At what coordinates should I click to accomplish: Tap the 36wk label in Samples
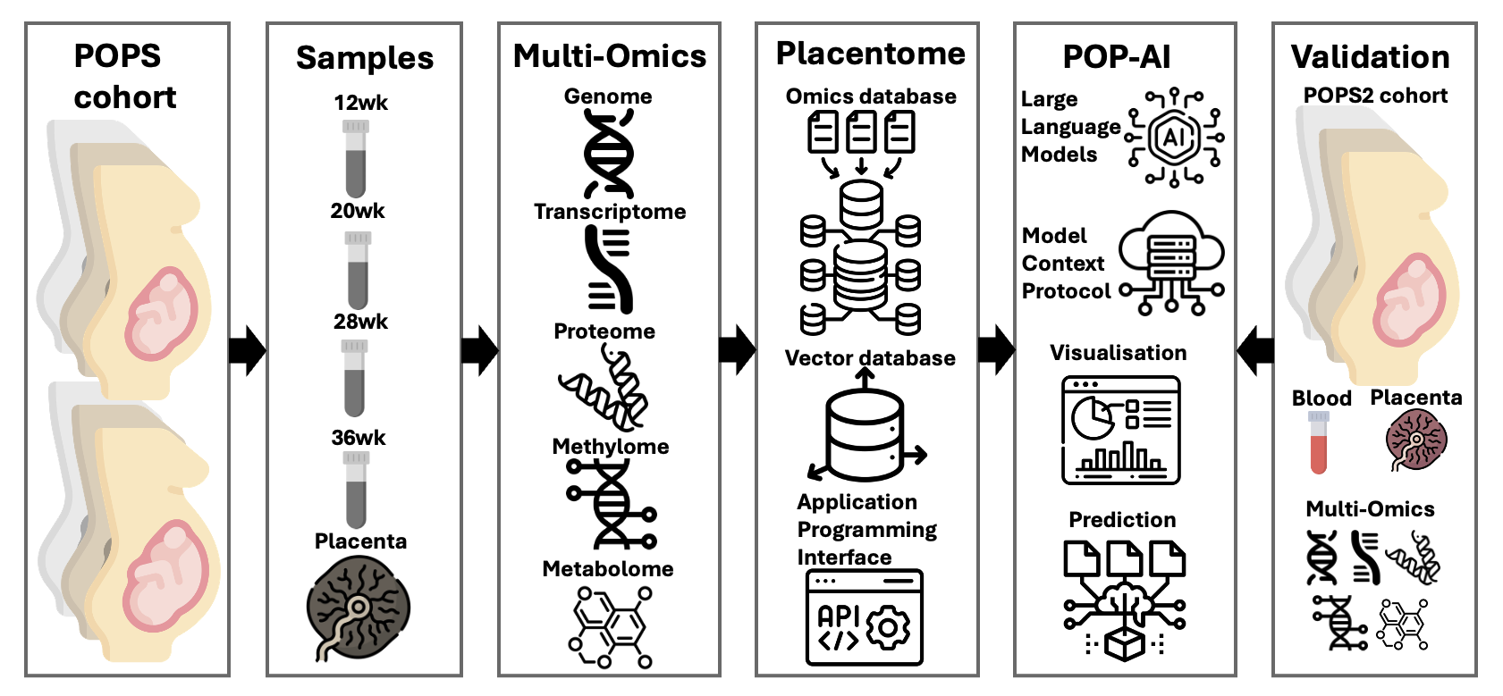[x=359, y=438]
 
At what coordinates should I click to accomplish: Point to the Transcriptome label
[x=610, y=212]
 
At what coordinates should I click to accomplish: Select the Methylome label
[x=611, y=447]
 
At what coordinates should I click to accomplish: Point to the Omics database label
[x=871, y=96]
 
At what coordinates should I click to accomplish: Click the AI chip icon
[x=1174, y=137]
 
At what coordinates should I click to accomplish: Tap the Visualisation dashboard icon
[x=1121, y=430]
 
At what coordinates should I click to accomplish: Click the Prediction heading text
[x=1122, y=520]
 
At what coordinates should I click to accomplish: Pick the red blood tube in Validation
[x=1319, y=442]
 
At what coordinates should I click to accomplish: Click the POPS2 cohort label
[x=1375, y=96]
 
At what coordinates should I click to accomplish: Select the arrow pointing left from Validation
[x=1255, y=351]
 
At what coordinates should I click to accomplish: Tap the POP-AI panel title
[x=1117, y=57]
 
